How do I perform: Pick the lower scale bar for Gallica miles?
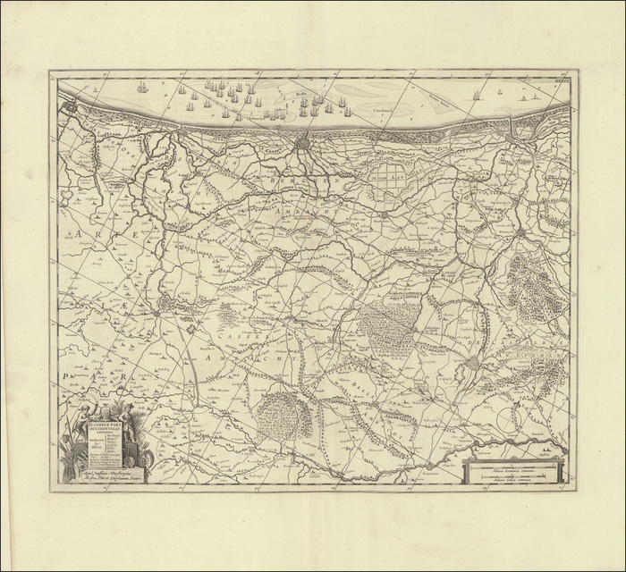513,480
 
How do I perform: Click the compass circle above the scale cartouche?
513,419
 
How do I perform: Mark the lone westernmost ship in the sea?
140,87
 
